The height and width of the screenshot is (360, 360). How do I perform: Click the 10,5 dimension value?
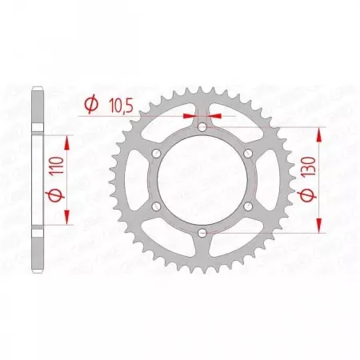[118, 104]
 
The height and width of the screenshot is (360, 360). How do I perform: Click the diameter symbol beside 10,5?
[90, 104]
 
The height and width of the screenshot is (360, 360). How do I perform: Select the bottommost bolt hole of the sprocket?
[202, 234]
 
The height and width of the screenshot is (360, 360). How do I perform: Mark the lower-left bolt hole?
[155, 206]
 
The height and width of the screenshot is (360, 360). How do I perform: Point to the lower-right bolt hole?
[248, 206]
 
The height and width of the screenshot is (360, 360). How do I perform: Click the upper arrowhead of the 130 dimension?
[320, 132]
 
